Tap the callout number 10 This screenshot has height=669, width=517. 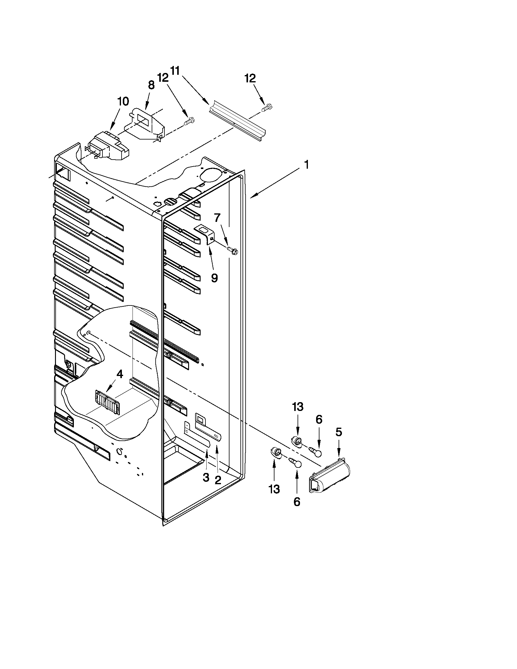[x=123, y=102]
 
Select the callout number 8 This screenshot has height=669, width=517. [x=151, y=85]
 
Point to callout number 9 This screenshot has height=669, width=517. [x=214, y=278]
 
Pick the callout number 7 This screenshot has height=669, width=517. [x=217, y=218]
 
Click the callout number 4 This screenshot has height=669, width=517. [x=119, y=374]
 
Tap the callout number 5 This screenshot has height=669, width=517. [x=339, y=432]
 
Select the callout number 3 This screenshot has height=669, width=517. [x=206, y=477]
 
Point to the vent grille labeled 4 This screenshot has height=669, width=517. [x=107, y=402]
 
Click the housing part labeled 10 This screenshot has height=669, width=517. [x=109, y=147]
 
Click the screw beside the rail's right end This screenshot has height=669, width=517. [x=267, y=108]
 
